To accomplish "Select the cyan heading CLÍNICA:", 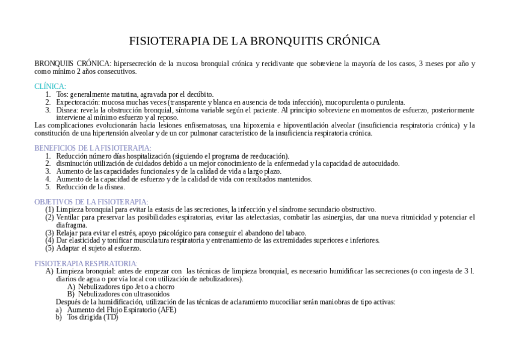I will click(x=50, y=87).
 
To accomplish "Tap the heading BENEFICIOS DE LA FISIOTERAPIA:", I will click(x=93, y=148).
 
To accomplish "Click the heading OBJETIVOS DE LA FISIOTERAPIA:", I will click(x=91, y=202).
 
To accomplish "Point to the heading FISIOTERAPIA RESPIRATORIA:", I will click(x=86, y=263).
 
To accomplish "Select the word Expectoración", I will click(x=78, y=102).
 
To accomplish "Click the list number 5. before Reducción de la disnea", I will click(x=48, y=187).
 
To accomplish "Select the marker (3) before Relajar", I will click(x=49, y=233).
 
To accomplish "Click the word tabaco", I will click(x=295, y=233).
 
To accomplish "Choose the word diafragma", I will click(x=71, y=225).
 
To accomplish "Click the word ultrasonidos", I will click(x=149, y=294).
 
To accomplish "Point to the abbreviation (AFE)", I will click(x=166, y=310).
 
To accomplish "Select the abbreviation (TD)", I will click(x=111, y=317).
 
